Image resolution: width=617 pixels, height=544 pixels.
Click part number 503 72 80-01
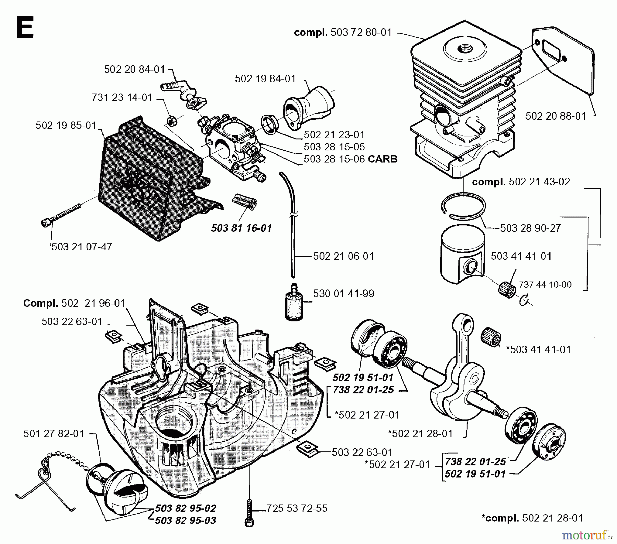point(361,33)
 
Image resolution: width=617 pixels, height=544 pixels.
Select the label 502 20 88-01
point(556,116)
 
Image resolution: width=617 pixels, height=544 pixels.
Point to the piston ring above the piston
point(463,206)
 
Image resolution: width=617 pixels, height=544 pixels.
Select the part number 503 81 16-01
point(241,228)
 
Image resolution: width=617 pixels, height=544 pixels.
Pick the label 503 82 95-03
point(185,521)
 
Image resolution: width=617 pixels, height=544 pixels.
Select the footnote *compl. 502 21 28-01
point(532,518)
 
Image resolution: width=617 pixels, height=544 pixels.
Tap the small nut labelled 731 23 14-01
point(172,121)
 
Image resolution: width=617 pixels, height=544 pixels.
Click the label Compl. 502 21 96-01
point(74,303)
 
